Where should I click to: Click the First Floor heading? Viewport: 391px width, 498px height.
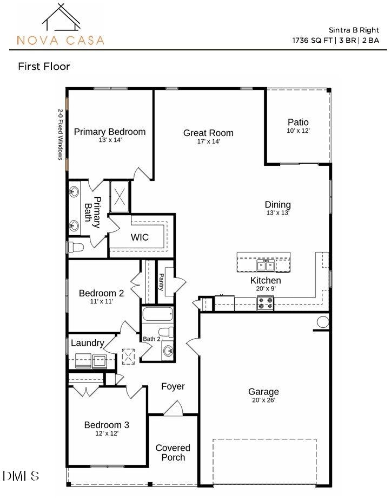[44, 67]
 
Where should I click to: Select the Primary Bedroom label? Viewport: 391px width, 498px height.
[110, 132]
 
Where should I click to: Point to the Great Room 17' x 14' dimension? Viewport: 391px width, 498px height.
[208, 141]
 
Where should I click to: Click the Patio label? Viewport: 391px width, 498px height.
[298, 122]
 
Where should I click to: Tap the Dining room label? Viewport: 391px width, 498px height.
[277, 204]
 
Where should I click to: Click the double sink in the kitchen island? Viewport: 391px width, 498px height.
[266, 265]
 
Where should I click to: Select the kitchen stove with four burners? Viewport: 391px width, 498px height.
[265, 303]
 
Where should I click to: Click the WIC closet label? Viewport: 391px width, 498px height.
[140, 237]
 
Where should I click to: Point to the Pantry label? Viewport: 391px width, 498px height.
[161, 282]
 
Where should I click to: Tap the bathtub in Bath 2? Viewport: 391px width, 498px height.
[157, 315]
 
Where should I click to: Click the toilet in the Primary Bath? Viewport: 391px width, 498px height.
[76, 248]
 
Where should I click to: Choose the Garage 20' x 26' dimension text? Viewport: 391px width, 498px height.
[263, 400]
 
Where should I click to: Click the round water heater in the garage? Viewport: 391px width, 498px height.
[323, 322]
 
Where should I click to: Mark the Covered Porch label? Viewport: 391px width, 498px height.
[173, 452]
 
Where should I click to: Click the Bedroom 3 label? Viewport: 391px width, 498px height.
[107, 424]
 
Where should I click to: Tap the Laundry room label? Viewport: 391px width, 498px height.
[87, 343]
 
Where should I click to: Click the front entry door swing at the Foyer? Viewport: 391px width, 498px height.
[173, 409]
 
